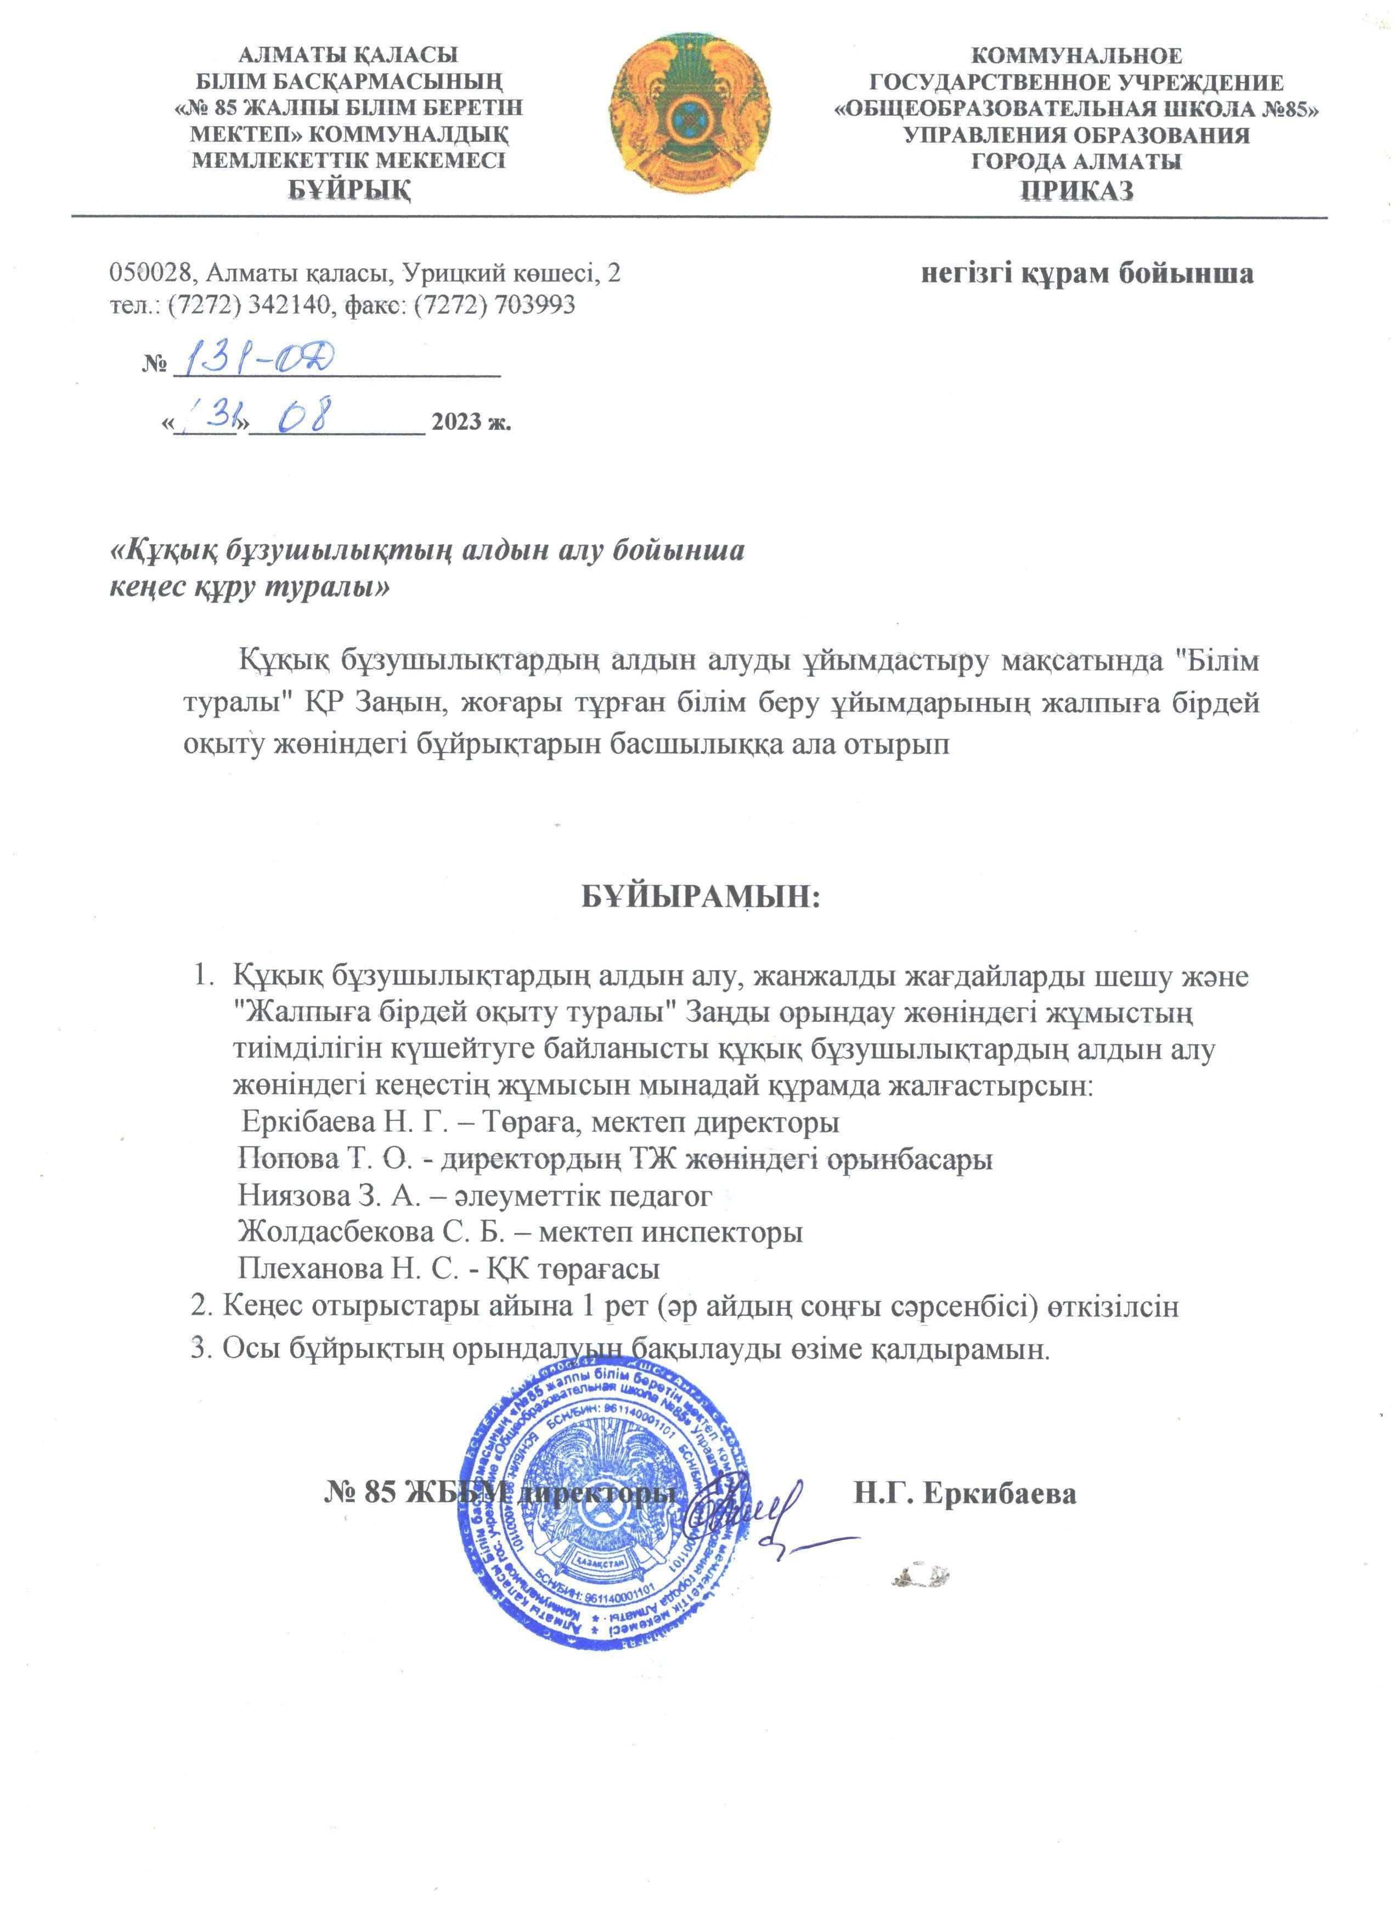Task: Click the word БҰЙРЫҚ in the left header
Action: click(x=349, y=188)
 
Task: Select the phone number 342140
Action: click(x=287, y=304)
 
